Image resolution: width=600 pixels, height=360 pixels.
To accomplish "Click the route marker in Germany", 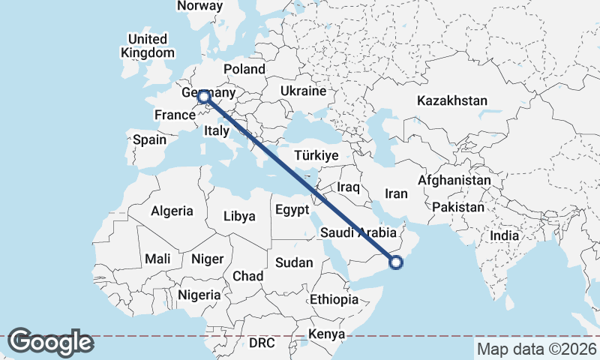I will pyautogui.click(x=202, y=96).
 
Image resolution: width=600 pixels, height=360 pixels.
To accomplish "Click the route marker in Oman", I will pyautogui.click(x=397, y=262).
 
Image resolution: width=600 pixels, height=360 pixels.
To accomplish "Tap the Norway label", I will pyautogui.click(x=200, y=6).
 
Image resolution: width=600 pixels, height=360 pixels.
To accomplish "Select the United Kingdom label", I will pyautogui.click(x=148, y=46).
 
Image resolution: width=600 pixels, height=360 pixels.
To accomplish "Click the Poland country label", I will pyautogui.click(x=244, y=69).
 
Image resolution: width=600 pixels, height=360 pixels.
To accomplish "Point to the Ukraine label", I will pyautogui.click(x=303, y=91).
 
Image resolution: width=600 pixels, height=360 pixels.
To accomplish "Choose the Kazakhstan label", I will pyautogui.click(x=453, y=100).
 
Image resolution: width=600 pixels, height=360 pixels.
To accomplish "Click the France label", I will pyautogui.click(x=175, y=115).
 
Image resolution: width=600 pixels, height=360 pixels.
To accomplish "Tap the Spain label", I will pyautogui.click(x=149, y=139).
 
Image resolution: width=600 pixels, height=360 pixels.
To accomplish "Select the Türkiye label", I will pyautogui.click(x=317, y=155).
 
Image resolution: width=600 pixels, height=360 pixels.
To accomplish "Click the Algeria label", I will pyautogui.click(x=172, y=211).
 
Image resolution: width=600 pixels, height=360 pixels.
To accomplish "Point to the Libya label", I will pyautogui.click(x=239, y=216).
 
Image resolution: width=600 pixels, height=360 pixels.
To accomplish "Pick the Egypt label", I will pyautogui.click(x=292, y=209).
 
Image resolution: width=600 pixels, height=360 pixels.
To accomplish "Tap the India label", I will pyautogui.click(x=505, y=235).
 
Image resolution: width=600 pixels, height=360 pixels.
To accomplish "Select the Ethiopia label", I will pyautogui.click(x=334, y=299).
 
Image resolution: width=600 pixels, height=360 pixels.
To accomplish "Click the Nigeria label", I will pyautogui.click(x=199, y=294).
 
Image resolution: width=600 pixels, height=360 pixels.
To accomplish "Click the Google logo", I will pyautogui.click(x=50, y=342).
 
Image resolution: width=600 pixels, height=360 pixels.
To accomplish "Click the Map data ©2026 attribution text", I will pyautogui.click(x=537, y=349).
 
